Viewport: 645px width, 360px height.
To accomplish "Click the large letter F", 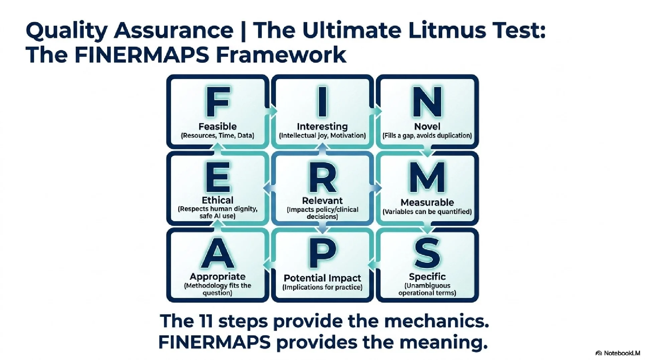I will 218,102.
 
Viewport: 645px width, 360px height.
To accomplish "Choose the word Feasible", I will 218,127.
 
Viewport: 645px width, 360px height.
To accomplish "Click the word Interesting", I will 322,127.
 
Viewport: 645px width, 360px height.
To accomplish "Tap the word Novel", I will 427,127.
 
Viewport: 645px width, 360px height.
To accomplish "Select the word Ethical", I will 218,200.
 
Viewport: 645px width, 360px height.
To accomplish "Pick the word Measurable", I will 427,203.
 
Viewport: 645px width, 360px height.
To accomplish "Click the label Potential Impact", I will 322,278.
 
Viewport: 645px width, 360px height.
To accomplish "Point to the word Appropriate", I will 218,277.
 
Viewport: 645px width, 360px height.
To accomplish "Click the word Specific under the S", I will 427,277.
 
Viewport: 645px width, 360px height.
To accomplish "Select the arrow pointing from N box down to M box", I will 427,152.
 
